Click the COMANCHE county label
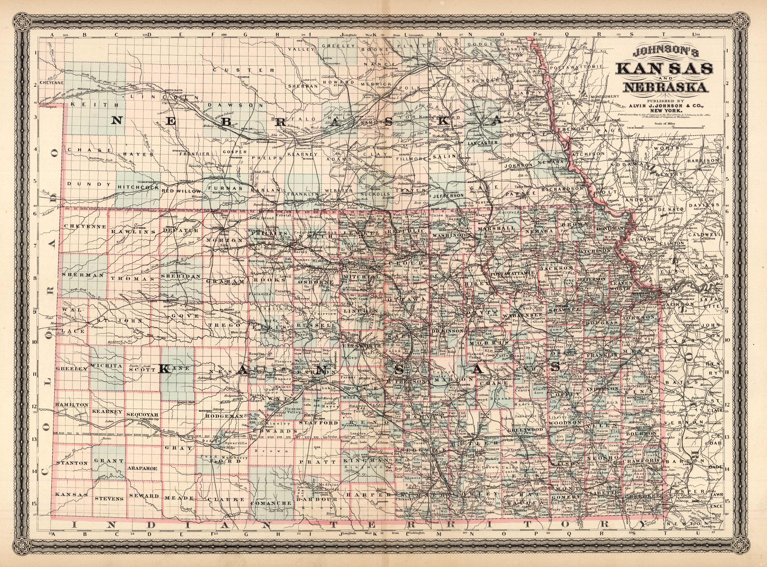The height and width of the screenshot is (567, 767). pyautogui.click(x=271, y=503)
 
